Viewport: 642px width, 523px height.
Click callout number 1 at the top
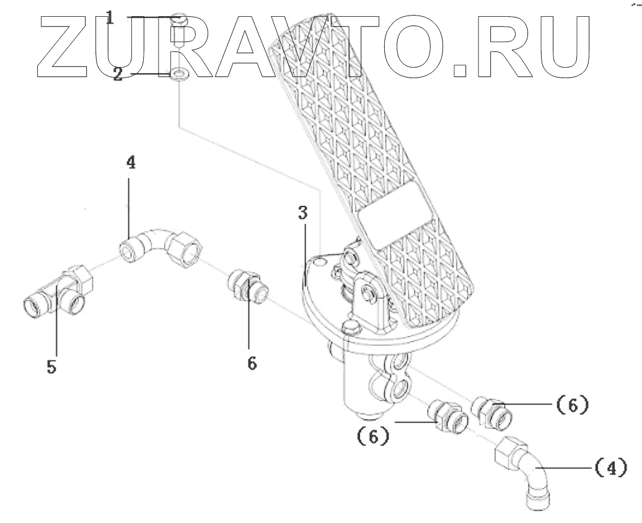(110, 17)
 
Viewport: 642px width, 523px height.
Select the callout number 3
(302, 213)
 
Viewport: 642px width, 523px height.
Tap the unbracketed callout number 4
(130, 163)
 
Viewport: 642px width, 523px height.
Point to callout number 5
(51, 367)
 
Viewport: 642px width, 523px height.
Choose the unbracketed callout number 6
(251, 363)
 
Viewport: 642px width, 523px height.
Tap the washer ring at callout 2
(178, 74)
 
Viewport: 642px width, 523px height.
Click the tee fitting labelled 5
(59, 294)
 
